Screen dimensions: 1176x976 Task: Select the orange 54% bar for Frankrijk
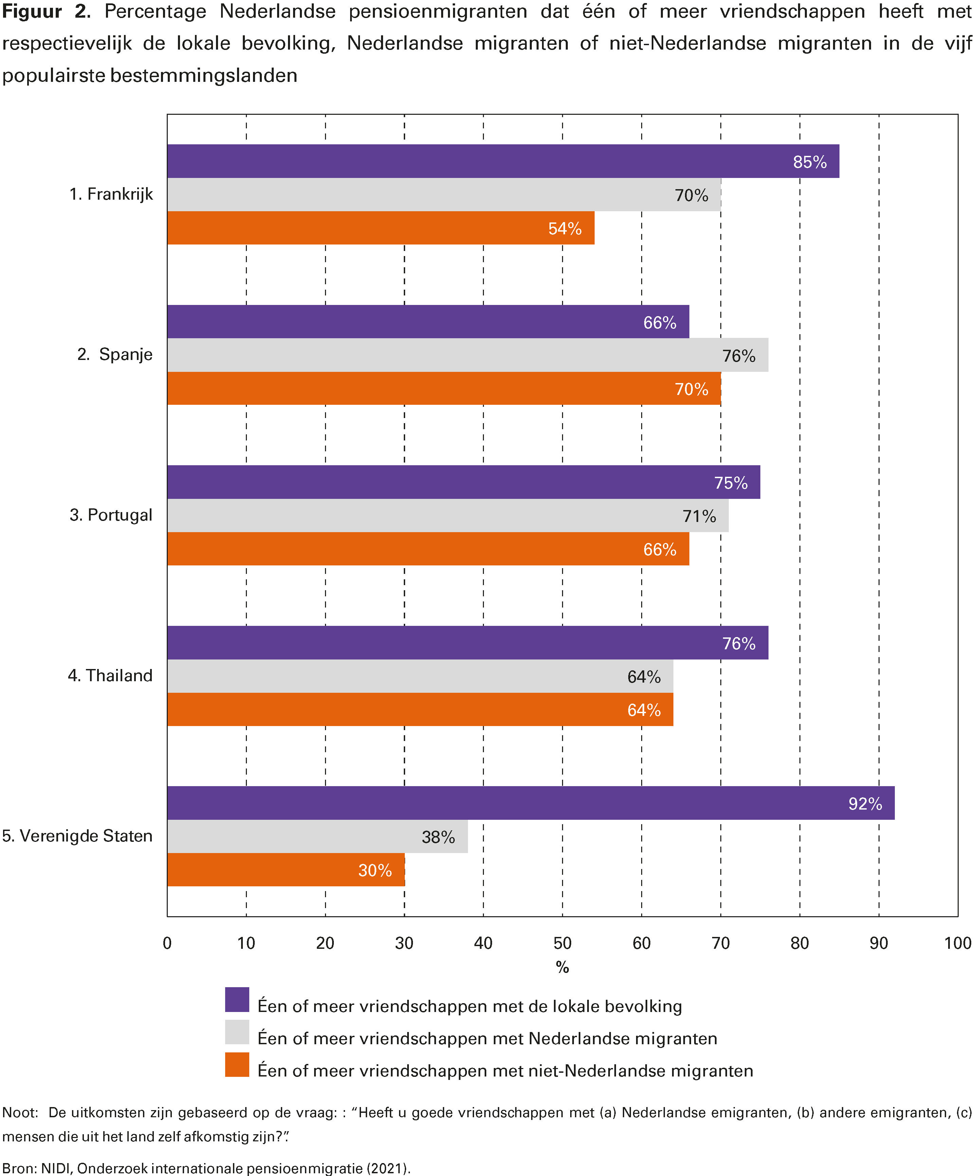point(381,228)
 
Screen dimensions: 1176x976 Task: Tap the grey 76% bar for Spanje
point(468,355)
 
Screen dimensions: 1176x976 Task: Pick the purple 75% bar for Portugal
point(463,482)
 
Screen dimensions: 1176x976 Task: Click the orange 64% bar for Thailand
point(420,709)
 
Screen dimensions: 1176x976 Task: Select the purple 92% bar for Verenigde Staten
point(530,803)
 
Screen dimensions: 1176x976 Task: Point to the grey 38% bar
point(317,837)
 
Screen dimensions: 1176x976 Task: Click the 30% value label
point(375,870)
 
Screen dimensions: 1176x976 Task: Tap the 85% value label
point(810,162)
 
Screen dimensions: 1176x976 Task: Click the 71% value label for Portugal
point(699,516)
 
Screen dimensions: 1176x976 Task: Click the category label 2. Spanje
point(115,355)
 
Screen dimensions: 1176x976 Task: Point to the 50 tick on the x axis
point(562,943)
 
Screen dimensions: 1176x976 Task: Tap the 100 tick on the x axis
point(957,943)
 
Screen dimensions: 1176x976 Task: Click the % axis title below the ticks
point(562,967)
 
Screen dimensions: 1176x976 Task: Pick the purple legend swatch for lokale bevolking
point(237,1000)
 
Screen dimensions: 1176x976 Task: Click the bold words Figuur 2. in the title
point(46,11)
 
